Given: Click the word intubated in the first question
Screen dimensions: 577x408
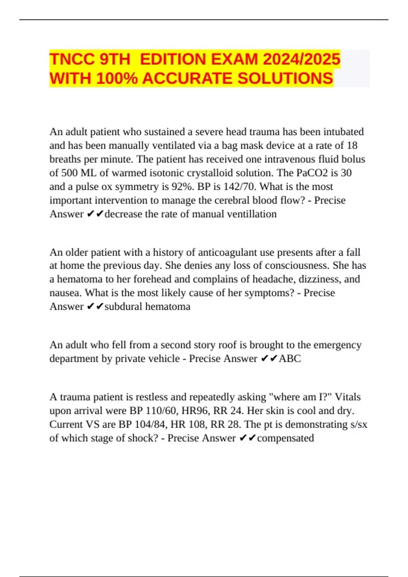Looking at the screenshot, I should [343, 132].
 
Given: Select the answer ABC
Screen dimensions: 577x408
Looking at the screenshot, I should [290, 358].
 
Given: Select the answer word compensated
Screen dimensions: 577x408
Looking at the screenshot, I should [285, 438].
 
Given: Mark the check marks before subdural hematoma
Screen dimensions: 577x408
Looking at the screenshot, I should [95, 306].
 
